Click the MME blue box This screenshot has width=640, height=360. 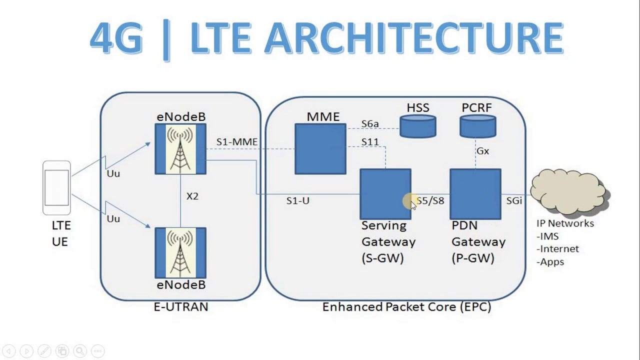click(x=320, y=149)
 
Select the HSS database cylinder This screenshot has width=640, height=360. click(x=418, y=126)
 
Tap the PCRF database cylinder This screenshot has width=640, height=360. click(x=477, y=126)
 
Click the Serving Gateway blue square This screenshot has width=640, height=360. click(x=385, y=194)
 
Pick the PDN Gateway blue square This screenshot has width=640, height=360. click(x=475, y=194)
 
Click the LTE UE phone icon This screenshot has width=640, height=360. click(x=56, y=187)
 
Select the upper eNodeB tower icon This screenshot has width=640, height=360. click(x=180, y=149)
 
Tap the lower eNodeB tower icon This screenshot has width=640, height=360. click(x=180, y=252)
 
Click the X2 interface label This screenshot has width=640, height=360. click(x=192, y=196)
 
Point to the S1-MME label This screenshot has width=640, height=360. click(x=237, y=142)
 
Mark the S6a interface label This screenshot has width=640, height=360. click(x=370, y=124)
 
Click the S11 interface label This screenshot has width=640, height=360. click(x=370, y=142)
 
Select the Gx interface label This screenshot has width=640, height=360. click(x=482, y=150)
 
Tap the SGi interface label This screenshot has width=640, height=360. click(x=514, y=200)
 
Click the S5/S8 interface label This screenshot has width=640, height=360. click(x=430, y=200)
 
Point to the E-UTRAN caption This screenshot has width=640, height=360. click(x=180, y=306)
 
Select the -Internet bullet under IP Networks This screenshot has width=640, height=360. click(x=557, y=248)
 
